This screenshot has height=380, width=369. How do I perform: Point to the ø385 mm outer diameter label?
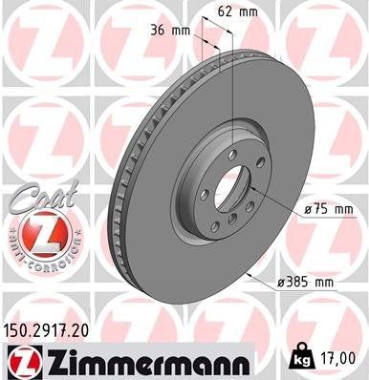[305, 284]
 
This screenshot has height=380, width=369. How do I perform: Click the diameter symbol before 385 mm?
[281, 284]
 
